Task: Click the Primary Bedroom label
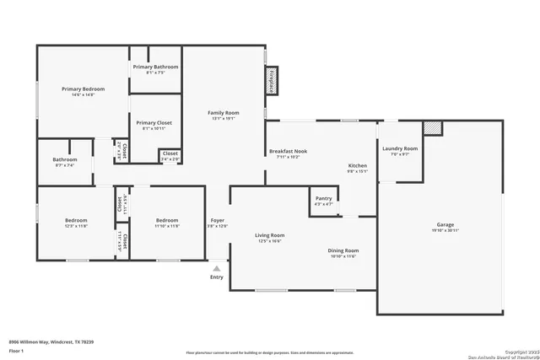tap(83, 89)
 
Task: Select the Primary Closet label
tap(154, 122)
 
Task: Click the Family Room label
tap(224, 112)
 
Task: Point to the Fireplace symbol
tap(272, 79)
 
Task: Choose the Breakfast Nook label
tap(288, 151)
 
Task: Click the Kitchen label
tap(359, 165)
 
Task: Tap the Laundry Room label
tap(400, 148)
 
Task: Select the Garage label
tap(445, 224)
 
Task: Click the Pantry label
tap(323, 198)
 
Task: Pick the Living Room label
tap(270, 235)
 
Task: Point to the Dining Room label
tap(343, 250)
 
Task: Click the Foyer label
tap(217, 220)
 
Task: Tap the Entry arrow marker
tap(217, 268)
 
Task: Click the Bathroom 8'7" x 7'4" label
tap(65, 159)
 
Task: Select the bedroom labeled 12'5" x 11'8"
tap(76, 223)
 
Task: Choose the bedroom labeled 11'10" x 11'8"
tap(166, 223)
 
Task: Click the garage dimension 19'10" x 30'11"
tap(445, 230)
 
